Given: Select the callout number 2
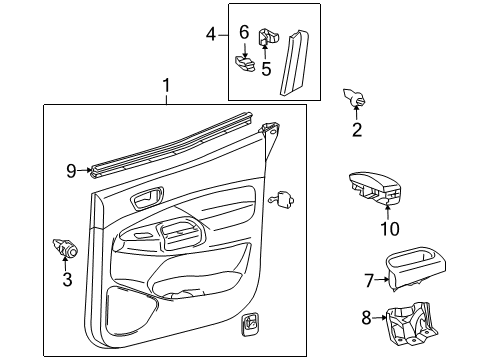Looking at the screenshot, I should [x=356, y=129].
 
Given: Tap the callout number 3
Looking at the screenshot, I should [x=68, y=279].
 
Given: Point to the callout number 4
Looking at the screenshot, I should [x=211, y=35].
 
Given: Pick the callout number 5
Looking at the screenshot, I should [x=266, y=69].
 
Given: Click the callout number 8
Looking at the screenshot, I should [x=367, y=319].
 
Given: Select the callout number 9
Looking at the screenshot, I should [x=71, y=171].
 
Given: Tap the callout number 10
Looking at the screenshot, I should [x=389, y=229].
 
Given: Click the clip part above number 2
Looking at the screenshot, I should [x=354, y=97].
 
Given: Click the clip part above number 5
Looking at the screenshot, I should [x=269, y=38].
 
